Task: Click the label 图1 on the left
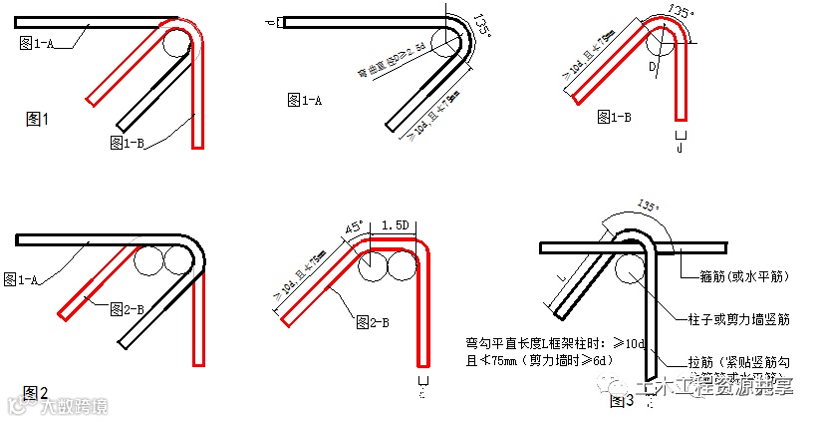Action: [36, 119]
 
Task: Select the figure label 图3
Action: [621, 401]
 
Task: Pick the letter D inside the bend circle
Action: [653, 68]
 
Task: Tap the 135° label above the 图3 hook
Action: [648, 206]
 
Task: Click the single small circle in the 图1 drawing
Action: [176, 42]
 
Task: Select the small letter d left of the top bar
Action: [272, 21]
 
